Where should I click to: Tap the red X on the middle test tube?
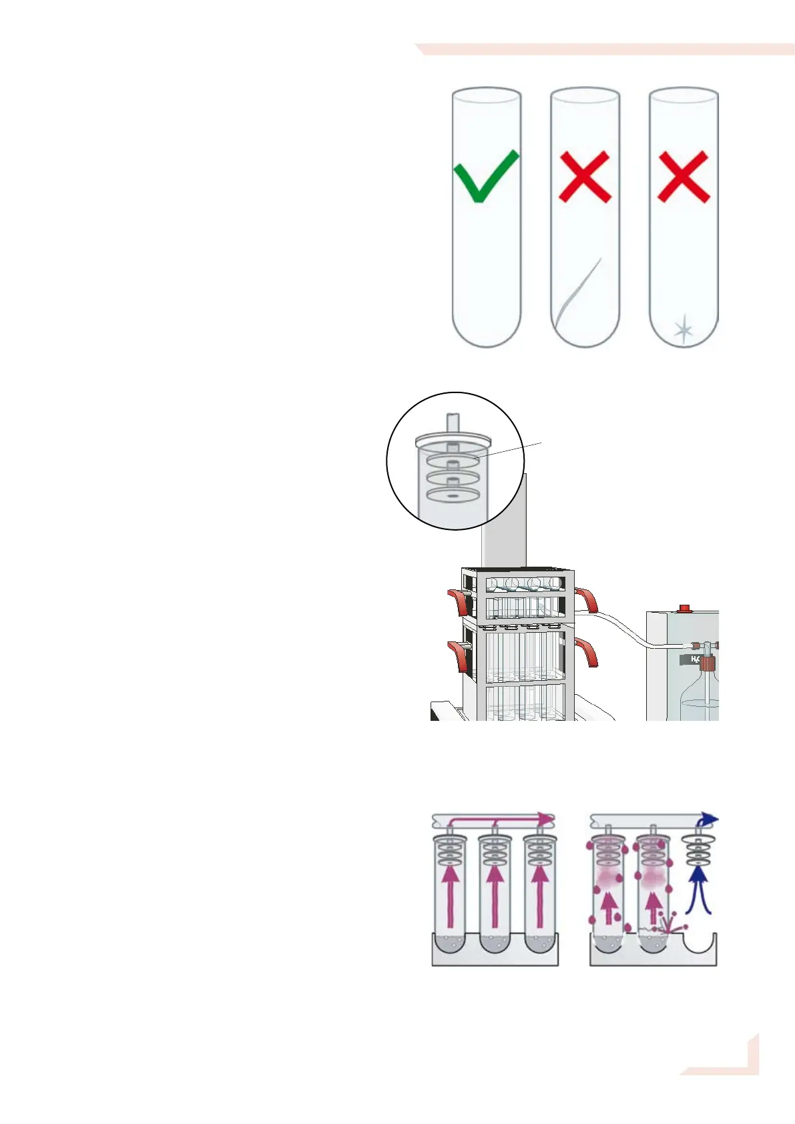(585, 176)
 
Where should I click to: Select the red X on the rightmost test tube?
(683, 176)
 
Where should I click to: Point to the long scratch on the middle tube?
(578, 291)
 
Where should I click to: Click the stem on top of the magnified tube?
(453, 423)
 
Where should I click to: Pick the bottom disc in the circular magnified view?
(453, 495)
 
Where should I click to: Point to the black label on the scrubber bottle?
(690, 659)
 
